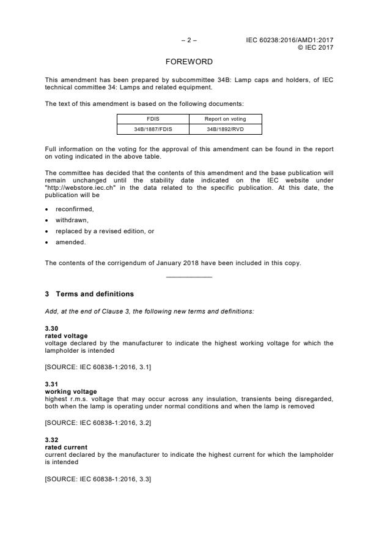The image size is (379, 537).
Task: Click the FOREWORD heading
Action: pyautogui.click(x=189, y=62)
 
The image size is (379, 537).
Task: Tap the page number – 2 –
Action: pyautogui.click(x=189, y=40)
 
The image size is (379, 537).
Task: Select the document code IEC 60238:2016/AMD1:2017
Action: pyautogui.click(x=290, y=40)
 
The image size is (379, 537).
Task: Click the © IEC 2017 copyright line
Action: pyautogui.click(x=315, y=47)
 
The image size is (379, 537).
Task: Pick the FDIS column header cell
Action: pyautogui.click(x=153, y=119)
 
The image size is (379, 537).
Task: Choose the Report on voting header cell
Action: pyautogui.click(x=225, y=119)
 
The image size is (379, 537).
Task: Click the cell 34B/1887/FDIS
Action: pyautogui.click(x=153, y=129)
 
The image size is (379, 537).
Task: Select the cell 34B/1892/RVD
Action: pyautogui.click(x=225, y=129)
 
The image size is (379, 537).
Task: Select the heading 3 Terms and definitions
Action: pyautogui.click(x=89, y=294)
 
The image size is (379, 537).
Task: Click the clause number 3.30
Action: pyautogui.click(x=52, y=329)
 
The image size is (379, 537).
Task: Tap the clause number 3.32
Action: pyautogui.click(x=52, y=439)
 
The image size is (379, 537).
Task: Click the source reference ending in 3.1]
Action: pyautogui.click(x=98, y=366)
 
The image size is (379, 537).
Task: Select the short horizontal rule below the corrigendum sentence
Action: pyautogui.click(x=189, y=277)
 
